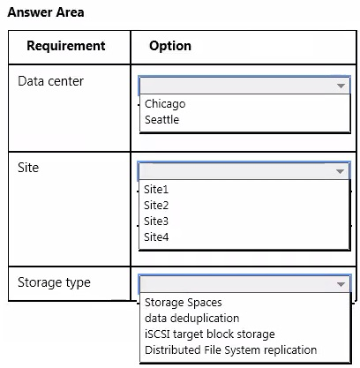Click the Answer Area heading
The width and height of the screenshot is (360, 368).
coord(46,12)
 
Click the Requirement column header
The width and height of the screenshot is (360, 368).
coord(66,46)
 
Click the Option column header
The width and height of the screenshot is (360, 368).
coord(170,46)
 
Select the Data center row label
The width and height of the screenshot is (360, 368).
coord(50,81)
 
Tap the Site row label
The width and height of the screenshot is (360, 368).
coord(28,168)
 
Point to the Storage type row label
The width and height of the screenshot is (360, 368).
coord(54,282)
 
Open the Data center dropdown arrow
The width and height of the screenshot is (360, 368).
coord(341,86)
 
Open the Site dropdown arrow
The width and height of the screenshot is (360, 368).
coord(340,171)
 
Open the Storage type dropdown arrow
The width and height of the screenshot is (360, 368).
coord(341,284)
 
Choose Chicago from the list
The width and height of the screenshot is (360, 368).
coord(165,104)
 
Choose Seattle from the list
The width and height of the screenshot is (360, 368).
coord(161,120)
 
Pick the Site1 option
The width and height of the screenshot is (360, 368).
coord(156,190)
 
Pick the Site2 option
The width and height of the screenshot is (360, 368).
coord(156,206)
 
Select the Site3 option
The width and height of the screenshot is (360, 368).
coord(156,222)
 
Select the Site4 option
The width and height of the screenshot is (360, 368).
coord(156,237)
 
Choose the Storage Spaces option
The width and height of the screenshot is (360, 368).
coord(184,303)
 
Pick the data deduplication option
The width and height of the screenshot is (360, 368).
coord(192,319)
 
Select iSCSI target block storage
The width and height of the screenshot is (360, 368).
coord(210,334)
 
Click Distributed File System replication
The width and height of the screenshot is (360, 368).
coord(231,350)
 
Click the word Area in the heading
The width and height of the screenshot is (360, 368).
coord(70,12)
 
